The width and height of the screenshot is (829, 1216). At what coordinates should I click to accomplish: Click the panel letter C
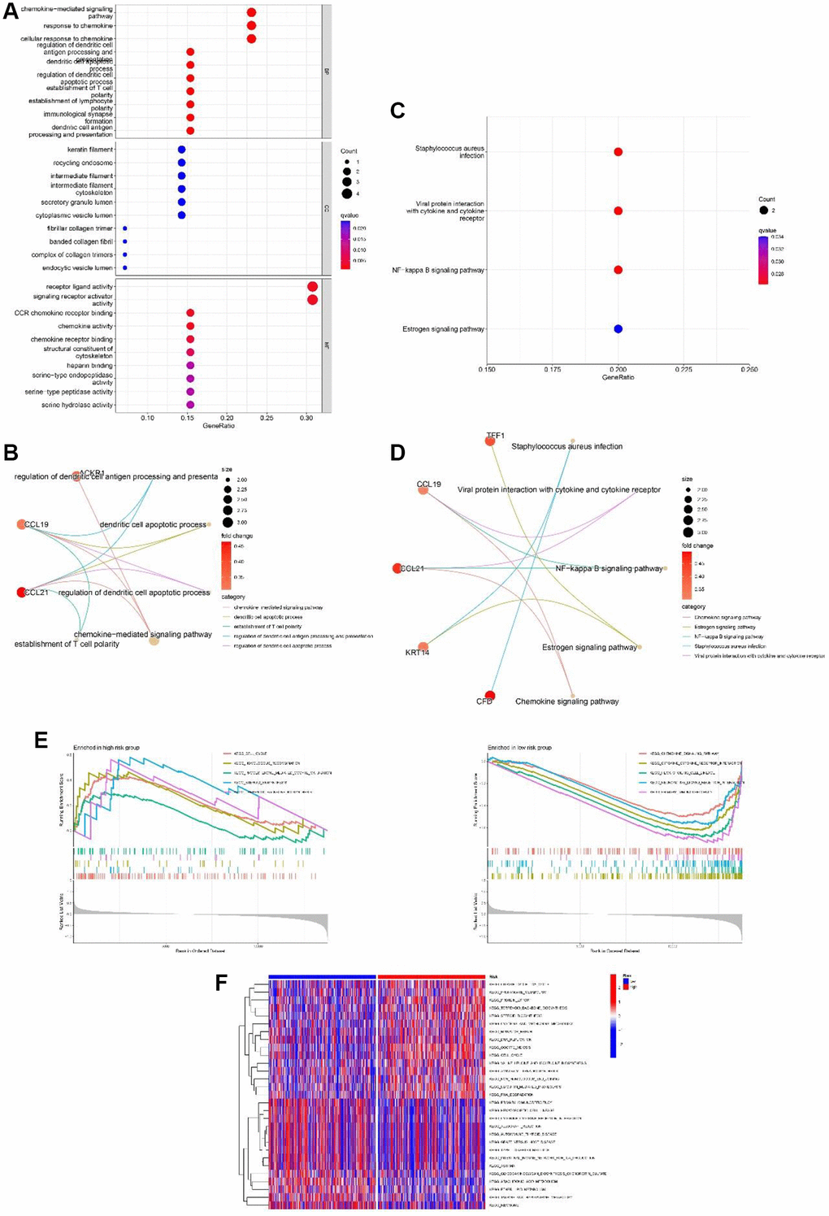coord(397,111)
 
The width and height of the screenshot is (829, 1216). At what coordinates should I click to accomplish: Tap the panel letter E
coord(41,739)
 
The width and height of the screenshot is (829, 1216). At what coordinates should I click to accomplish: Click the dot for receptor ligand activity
coord(312,287)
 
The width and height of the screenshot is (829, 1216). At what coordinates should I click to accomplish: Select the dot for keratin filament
coord(182,150)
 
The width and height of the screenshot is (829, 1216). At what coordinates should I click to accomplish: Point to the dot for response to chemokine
coord(251,26)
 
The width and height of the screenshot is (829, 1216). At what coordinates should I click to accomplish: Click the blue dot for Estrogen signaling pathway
coord(618,329)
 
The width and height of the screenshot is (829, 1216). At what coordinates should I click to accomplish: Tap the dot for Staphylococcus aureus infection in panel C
coord(618,152)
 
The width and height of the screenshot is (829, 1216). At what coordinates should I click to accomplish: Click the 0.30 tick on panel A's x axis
coord(306,419)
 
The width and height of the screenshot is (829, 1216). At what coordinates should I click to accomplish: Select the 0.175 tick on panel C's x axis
coord(553,370)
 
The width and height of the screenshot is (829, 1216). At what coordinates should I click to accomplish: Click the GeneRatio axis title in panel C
coord(618,377)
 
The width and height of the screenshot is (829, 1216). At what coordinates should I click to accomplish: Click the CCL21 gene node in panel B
coord(22,593)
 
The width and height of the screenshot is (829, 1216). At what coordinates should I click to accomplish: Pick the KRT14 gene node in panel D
coord(423,647)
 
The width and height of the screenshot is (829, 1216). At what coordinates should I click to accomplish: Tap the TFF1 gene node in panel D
coord(490,441)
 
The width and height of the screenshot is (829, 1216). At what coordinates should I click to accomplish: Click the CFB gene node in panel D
coord(489,695)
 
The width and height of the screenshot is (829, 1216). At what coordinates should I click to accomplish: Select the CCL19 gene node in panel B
coord(21,524)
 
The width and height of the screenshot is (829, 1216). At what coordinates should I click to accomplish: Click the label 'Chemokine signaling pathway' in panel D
coord(566,701)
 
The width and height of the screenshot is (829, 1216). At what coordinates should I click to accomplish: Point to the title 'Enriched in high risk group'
coord(106,747)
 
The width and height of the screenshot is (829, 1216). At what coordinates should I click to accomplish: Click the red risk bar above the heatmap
coord(431,977)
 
